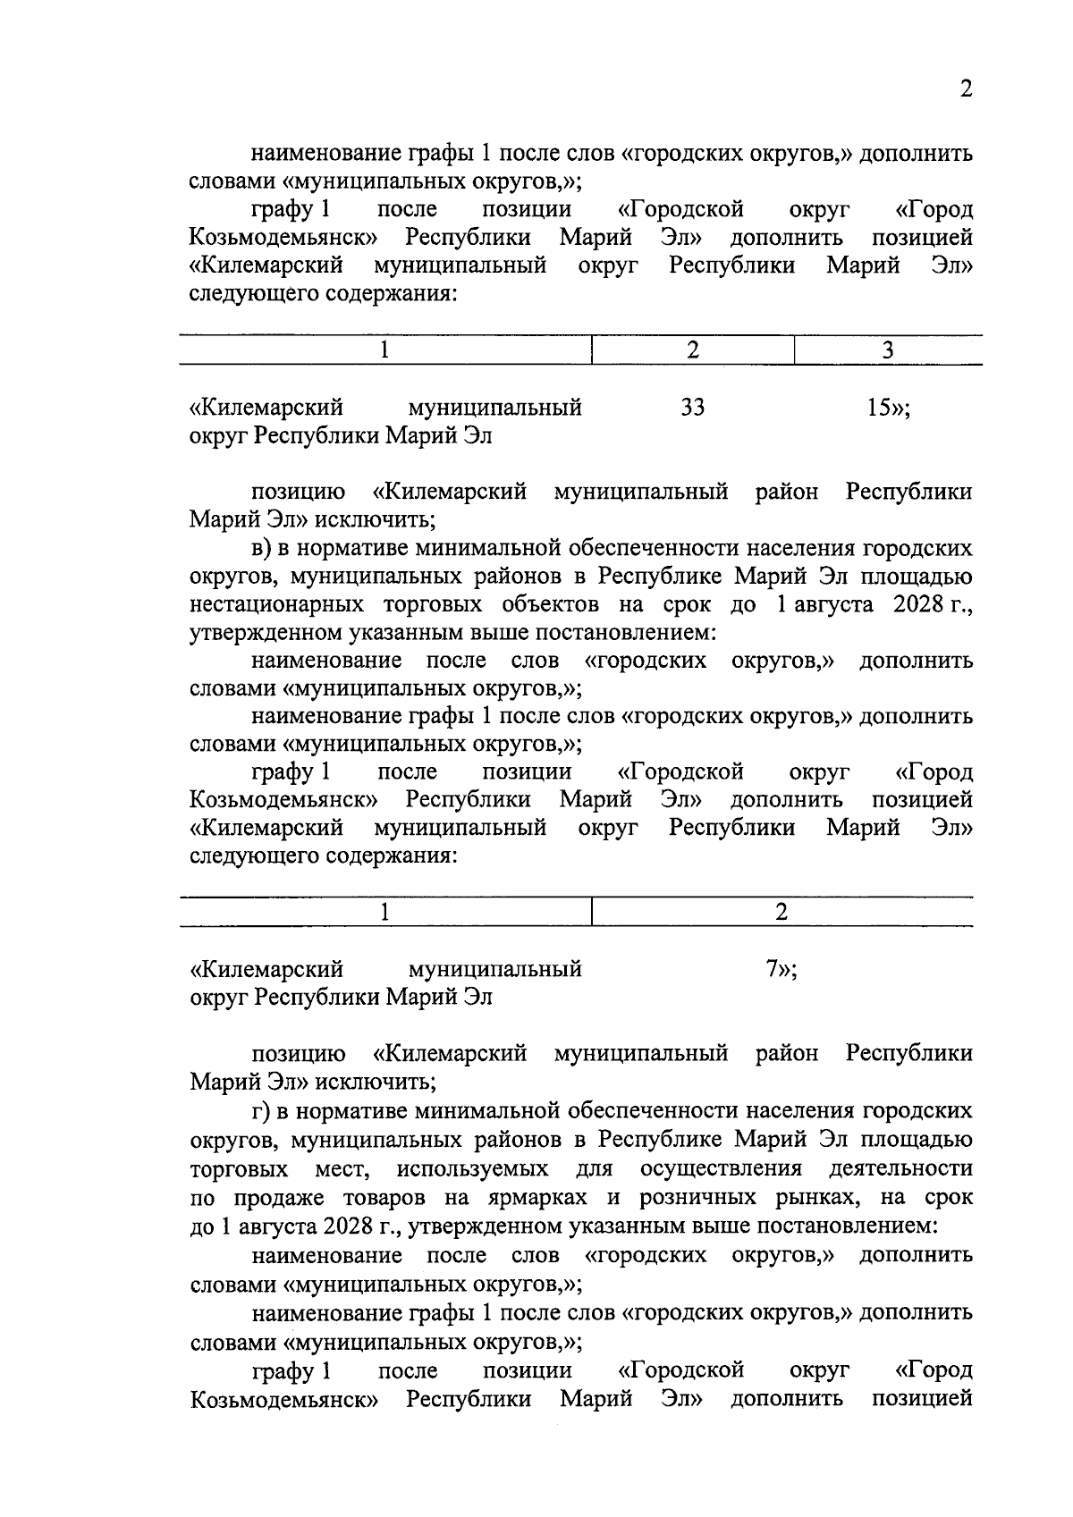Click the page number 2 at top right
point(965,89)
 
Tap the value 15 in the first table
point(883,409)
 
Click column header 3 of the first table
point(887,350)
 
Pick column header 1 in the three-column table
point(384,350)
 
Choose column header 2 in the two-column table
point(782,912)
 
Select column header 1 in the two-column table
point(384,912)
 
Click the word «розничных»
point(694,1197)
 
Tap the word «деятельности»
point(900,1168)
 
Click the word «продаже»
point(269,1197)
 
